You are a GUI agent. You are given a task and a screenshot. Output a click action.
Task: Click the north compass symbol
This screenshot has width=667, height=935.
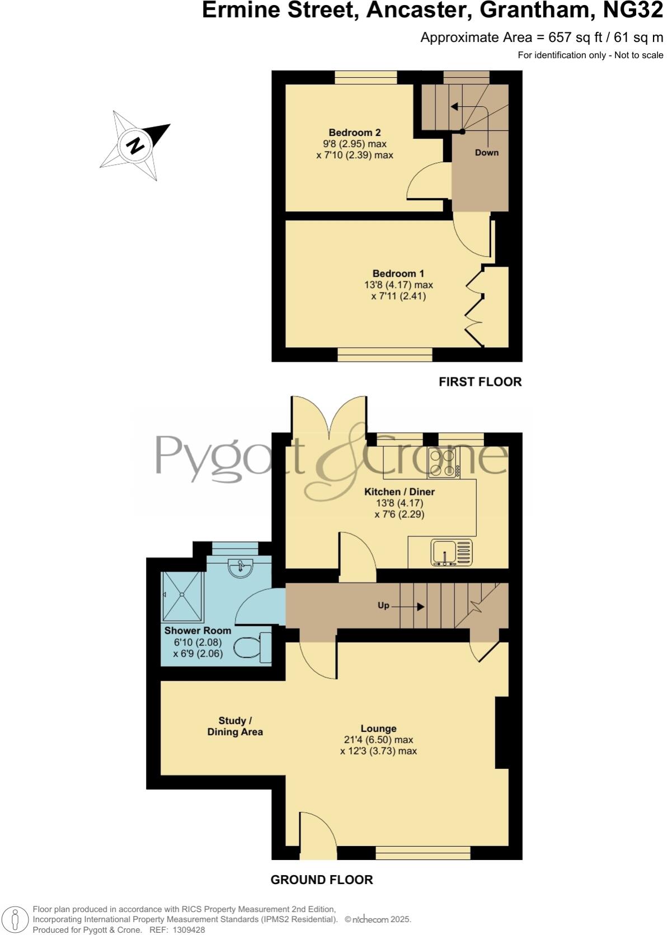point(135,145)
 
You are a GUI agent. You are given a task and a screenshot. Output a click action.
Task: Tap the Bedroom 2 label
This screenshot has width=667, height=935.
point(354,133)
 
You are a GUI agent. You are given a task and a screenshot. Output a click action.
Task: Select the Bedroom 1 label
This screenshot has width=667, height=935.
point(398,273)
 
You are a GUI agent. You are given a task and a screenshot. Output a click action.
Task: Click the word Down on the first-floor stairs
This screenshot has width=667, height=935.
point(486,152)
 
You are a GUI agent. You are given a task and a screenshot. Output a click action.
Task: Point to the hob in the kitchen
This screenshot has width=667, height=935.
point(443,463)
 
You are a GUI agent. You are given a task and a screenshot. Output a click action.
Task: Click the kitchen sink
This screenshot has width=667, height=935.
point(451,552)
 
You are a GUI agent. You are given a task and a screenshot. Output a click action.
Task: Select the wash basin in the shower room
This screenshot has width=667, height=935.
point(241,568)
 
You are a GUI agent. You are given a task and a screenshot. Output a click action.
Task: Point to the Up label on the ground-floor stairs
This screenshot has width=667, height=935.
point(383,606)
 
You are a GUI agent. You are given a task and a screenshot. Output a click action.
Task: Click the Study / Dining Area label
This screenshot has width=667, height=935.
point(234,726)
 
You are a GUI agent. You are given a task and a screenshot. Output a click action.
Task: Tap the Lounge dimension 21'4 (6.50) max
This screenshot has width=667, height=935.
point(378,740)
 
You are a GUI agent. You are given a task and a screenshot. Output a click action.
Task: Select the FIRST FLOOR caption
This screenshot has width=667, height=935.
point(480,382)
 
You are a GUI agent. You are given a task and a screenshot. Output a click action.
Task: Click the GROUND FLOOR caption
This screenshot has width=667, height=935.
point(321,880)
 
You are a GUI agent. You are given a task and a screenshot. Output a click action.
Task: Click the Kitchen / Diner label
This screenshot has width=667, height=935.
point(399,492)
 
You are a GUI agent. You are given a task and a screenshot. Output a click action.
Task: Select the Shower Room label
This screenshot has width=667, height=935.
point(198,630)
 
